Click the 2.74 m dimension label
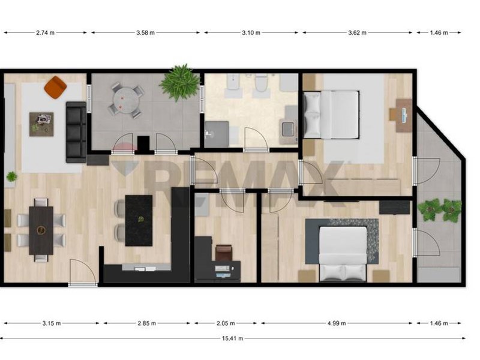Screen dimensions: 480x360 click(x=46, y=33)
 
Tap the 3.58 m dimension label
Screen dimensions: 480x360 click(x=145, y=33)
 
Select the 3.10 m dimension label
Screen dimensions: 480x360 click(x=251, y=33)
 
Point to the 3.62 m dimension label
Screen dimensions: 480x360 click(x=357, y=33)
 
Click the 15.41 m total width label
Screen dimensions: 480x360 click(x=232, y=338)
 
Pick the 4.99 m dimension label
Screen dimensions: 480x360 click(x=337, y=323)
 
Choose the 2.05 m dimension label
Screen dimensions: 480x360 click(x=226, y=323)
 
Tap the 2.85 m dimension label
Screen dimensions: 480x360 click(x=146, y=323)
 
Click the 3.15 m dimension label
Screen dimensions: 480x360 click(x=52, y=323)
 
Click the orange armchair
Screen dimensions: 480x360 click(x=55, y=87)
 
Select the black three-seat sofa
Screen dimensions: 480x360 click(x=76, y=132)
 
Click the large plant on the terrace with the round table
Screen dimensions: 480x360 click(x=179, y=82)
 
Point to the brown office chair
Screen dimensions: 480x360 click(x=224, y=253)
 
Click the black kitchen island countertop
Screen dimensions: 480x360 click(x=139, y=220)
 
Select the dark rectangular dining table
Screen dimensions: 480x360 click(x=41, y=230)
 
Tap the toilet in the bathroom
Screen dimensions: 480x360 click(x=261, y=83)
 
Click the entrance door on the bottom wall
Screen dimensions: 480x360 click(x=83, y=272)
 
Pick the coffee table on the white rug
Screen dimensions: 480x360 click(x=41, y=124)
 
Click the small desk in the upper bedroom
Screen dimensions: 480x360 click(x=403, y=115)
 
